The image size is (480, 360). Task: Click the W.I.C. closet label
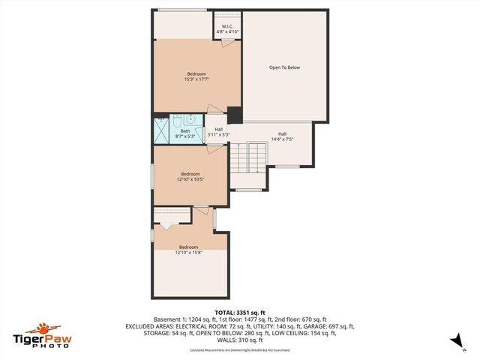(226, 30)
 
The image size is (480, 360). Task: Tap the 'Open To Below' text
(284, 67)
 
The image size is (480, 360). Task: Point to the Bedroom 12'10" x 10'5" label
(190, 176)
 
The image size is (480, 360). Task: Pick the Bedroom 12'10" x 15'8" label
(188, 250)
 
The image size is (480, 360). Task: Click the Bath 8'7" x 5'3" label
(185, 133)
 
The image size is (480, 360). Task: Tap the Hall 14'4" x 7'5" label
(282, 136)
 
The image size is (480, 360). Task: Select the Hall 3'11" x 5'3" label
(218, 131)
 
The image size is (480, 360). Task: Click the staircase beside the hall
(248, 157)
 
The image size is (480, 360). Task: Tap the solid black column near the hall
(235, 115)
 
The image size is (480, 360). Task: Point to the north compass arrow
(454, 340)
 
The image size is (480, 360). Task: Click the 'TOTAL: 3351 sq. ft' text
(240, 312)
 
